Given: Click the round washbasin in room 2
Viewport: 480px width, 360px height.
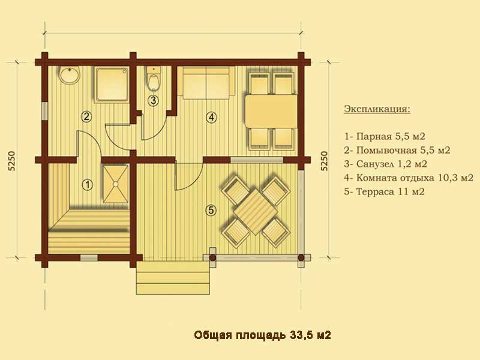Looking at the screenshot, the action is click(x=70, y=74).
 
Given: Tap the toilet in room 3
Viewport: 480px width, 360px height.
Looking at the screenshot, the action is click(x=154, y=79).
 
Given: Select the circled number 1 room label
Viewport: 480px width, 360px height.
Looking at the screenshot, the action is click(x=88, y=185).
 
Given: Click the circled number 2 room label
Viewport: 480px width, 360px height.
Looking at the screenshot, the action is click(x=86, y=116).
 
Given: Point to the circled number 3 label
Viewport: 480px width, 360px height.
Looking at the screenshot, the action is click(x=153, y=100).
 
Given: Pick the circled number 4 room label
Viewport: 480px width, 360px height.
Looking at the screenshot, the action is click(x=211, y=116).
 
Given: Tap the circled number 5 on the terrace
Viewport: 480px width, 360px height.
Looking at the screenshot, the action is click(x=211, y=211).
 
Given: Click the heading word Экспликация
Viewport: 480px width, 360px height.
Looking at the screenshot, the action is click(x=377, y=109).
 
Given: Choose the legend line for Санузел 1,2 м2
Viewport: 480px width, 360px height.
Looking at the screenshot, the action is click(x=385, y=164).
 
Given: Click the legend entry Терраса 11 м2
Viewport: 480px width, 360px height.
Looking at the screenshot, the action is click(x=384, y=192).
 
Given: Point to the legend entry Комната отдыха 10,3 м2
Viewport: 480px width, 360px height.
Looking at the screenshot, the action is click(x=409, y=178).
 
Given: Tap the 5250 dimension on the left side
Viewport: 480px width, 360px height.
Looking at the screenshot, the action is click(x=12, y=161).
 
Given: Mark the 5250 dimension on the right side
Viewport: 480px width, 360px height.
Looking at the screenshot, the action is click(x=324, y=161).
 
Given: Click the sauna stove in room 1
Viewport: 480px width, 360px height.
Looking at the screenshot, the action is click(x=115, y=184).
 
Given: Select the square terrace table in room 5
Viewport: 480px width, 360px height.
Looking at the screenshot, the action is click(x=256, y=212).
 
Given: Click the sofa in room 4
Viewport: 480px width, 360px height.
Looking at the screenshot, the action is click(x=206, y=83).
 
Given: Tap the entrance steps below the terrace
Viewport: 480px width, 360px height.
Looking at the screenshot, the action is click(x=173, y=278).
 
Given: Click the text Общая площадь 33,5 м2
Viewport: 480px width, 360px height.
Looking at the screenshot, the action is click(x=262, y=335).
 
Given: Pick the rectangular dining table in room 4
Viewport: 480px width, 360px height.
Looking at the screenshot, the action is click(x=271, y=111).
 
